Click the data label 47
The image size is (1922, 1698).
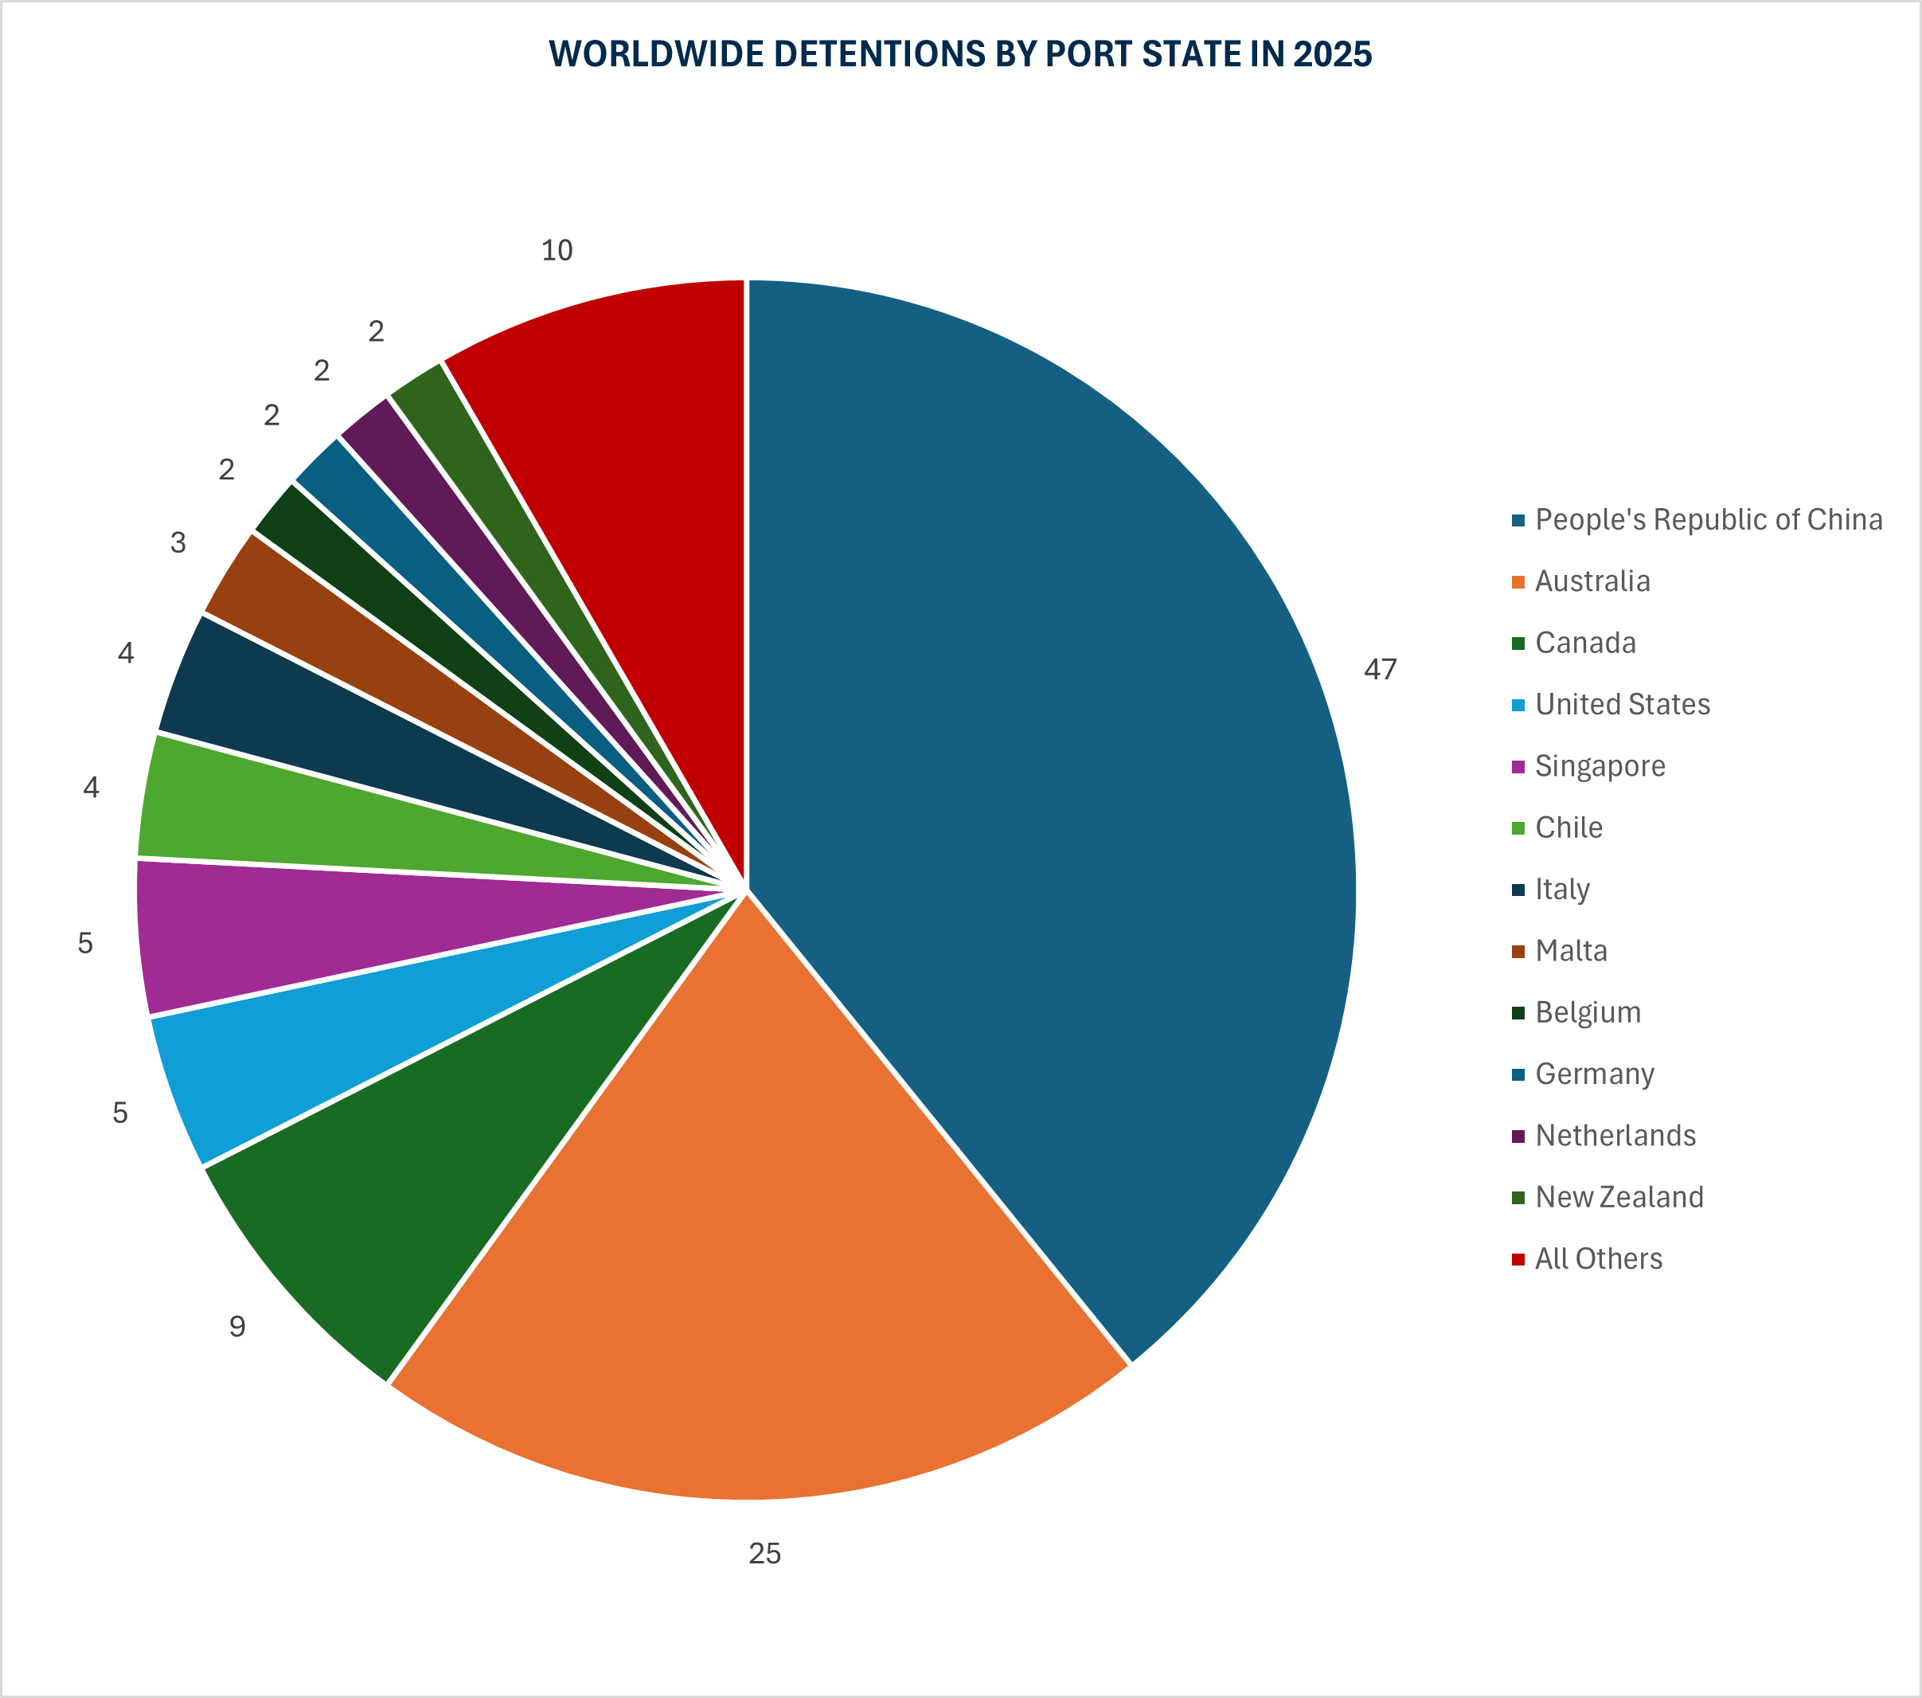point(1380,670)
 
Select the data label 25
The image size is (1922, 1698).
point(764,1553)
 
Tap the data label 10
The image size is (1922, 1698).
point(557,250)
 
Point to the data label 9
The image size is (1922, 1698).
point(237,1326)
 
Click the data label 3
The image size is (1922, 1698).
point(178,543)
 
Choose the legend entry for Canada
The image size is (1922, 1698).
point(1585,643)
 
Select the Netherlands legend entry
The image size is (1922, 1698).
point(1615,1136)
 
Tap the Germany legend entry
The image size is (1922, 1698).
point(1595,1074)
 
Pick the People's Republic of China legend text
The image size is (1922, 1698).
point(1709,519)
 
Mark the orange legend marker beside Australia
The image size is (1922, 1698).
point(1518,582)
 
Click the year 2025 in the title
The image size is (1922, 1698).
point(1333,55)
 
